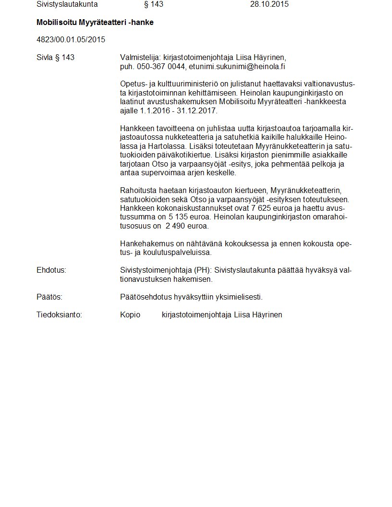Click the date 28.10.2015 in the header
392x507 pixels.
269,4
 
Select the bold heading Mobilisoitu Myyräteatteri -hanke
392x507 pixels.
95,23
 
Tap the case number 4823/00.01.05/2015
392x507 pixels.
71,39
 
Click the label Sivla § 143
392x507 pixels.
55,58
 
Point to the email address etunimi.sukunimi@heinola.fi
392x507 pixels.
237,66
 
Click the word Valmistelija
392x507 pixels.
140,58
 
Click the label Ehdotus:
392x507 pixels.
51,270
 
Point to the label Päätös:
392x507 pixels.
49,297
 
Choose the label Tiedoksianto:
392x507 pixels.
60,315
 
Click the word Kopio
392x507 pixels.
130,315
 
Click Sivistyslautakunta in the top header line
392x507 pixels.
67,4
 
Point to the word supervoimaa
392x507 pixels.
160,173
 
